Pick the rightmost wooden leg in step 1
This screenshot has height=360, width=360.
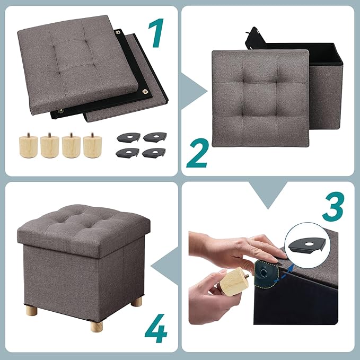[91, 144]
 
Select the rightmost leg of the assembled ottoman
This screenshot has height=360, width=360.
[137, 302]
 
